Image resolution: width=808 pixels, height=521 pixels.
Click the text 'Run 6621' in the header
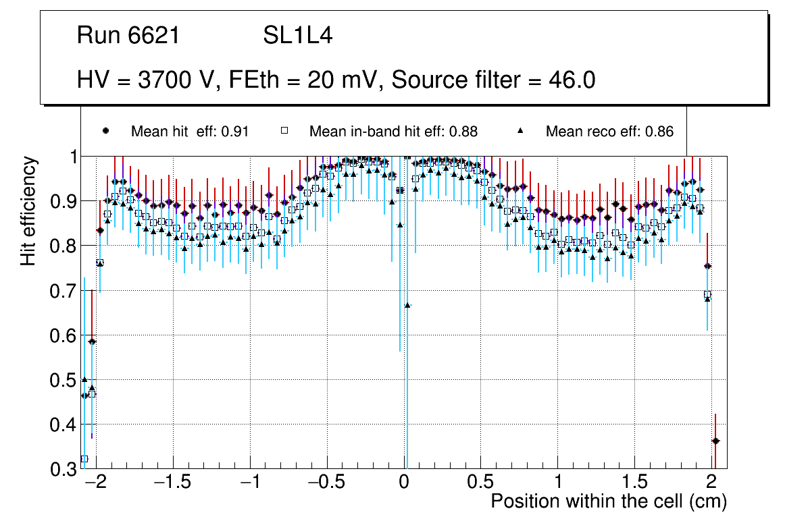click(x=128, y=35)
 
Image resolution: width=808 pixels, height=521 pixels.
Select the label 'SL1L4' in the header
click(x=297, y=35)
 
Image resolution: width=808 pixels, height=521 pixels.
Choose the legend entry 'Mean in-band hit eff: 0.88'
click(x=393, y=132)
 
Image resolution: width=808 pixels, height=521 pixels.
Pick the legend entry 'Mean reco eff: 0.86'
click(x=609, y=132)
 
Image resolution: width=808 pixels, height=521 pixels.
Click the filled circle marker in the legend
click(x=105, y=131)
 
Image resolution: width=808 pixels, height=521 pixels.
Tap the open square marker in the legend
click(x=284, y=131)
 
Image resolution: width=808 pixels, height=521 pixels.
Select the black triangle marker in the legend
click(x=521, y=131)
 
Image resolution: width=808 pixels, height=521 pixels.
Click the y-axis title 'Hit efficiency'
click(x=28, y=211)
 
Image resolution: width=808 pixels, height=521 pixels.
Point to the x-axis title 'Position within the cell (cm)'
click(x=608, y=501)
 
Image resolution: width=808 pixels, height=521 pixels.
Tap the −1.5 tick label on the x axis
click(x=174, y=483)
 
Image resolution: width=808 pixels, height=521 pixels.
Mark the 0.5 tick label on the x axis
click(x=480, y=483)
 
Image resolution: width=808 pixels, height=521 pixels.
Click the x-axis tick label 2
click(x=711, y=483)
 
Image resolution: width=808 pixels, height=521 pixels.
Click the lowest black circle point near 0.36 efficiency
click(x=715, y=441)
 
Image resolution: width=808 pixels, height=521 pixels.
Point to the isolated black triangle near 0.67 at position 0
click(x=407, y=305)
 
